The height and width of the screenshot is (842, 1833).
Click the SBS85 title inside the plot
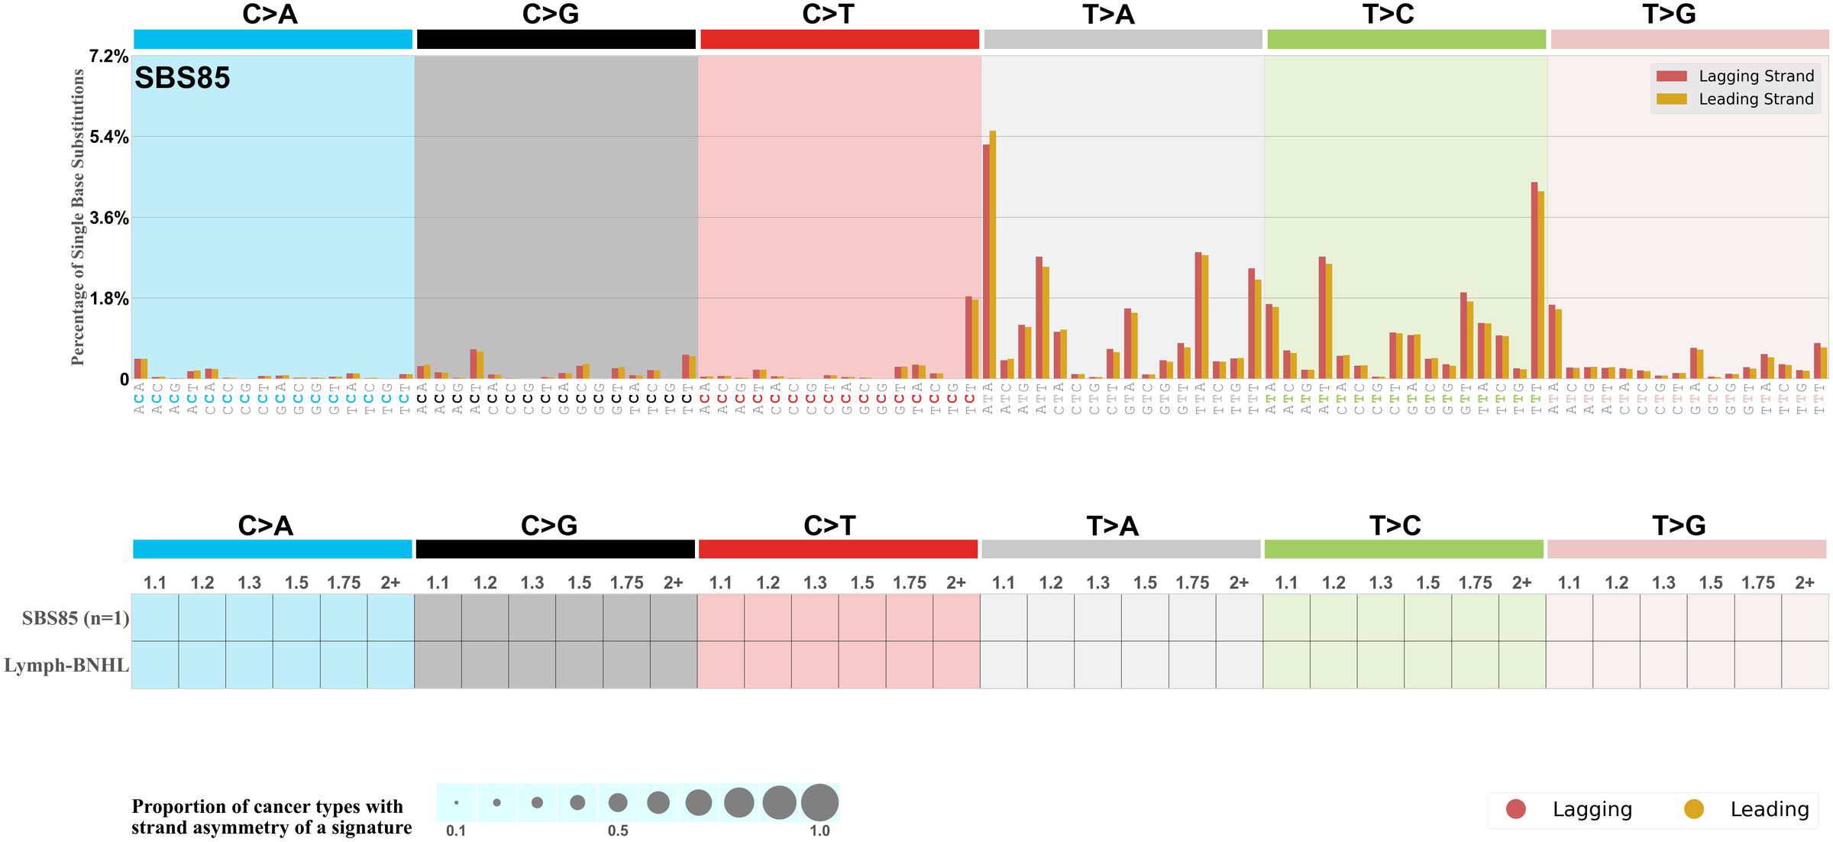(x=182, y=78)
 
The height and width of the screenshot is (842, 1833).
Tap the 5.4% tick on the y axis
(x=108, y=138)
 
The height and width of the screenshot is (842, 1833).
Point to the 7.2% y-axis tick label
(x=108, y=57)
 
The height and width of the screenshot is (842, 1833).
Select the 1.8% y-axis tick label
(x=108, y=299)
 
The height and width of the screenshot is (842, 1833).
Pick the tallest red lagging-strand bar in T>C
(x=1534, y=280)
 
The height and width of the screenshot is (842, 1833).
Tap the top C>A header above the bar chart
(x=270, y=15)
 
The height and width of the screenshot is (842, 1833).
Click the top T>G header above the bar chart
(x=1669, y=15)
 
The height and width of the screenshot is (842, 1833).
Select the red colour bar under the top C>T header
(x=839, y=39)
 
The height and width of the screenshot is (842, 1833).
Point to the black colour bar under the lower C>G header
(x=555, y=549)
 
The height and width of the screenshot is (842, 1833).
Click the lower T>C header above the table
(x=1395, y=526)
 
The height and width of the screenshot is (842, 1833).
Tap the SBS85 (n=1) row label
(x=75, y=618)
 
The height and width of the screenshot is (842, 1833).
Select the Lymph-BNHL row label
(x=66, y=666)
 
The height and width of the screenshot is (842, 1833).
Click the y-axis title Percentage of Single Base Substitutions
(x=78, y=217)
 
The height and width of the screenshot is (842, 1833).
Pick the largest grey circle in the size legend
(x=820, y=802)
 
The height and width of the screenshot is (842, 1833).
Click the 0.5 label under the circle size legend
(x=618, y=831)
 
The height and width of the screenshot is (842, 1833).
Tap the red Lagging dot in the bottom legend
(x=1515, y=809)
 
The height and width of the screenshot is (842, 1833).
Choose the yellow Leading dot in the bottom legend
(x=1694, y=809)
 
